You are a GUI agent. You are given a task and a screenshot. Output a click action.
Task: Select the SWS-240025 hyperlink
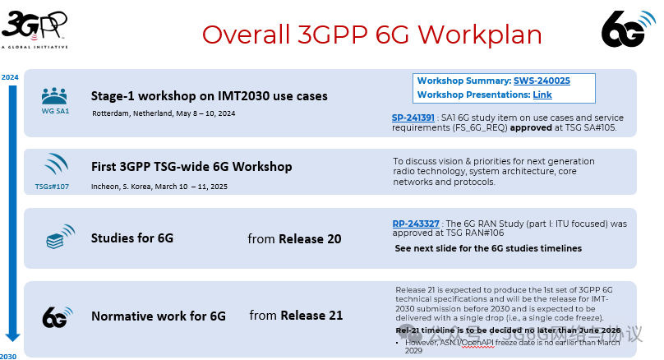click(542, 81)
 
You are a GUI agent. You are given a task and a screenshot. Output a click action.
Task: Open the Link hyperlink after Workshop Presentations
click(542, 95)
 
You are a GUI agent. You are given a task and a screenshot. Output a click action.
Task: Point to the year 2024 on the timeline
click(10, 77)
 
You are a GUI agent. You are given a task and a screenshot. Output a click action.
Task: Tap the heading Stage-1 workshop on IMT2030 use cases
click(209, 95)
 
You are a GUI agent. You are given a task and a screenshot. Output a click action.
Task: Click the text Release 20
click(311, 239)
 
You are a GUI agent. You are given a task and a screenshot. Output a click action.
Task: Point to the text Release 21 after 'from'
click(311, 316)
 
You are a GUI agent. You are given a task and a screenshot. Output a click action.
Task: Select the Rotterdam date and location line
click(164, 113)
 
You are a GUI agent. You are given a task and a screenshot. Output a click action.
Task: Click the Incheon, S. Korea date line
click(159, 187)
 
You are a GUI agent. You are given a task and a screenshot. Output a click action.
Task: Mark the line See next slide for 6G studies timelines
click(488, 248)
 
